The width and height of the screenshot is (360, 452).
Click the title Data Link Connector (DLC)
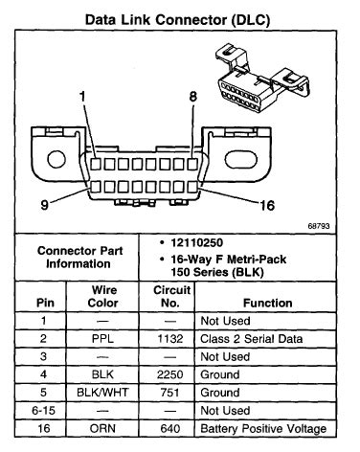pyautogui.click(x=180, y=17)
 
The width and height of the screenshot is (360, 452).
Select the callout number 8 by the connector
pyautogui.click(x=192, y=97)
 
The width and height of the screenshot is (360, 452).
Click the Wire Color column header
pyautogui.click(x=105, y=295)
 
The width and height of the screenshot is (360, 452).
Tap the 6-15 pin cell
pyautogui.click(x=37, y=410)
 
